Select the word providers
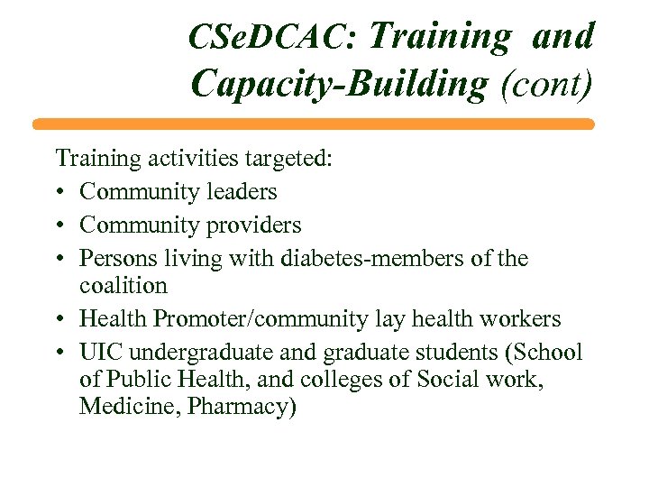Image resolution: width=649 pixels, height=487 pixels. pyautogui.click(x=253, y=224)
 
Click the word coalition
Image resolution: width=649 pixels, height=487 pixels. pyautogui.click(x=123, y=286)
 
